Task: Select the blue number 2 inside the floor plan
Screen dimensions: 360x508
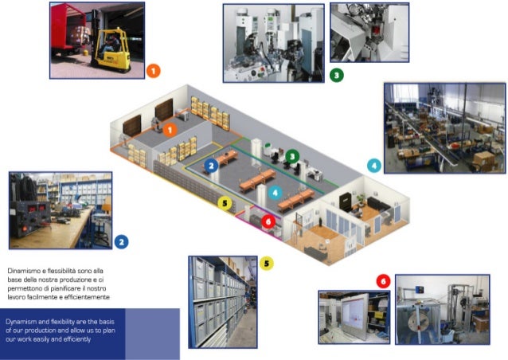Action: (211, 166)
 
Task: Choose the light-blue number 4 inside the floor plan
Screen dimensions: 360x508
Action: (275, 192)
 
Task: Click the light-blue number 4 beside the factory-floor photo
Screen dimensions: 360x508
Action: (374, 166)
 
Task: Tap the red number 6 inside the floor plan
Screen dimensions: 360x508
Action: (268, 221)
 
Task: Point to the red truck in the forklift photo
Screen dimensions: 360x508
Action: (68, 32)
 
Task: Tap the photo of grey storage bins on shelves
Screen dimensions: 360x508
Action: (222, 303)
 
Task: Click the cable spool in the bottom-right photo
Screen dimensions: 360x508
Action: (422, 326)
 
